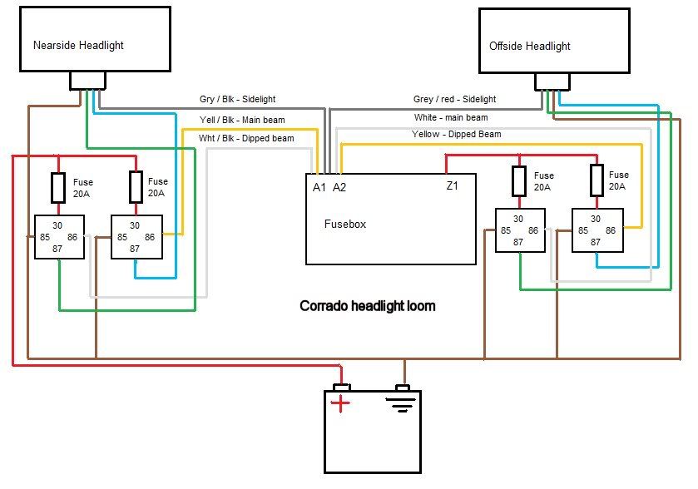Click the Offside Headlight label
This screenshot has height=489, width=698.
[530, 46]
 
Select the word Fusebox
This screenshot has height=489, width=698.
[344, 224]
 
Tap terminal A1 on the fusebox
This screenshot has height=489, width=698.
[319, 188]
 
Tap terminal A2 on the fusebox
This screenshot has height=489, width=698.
[339, 188]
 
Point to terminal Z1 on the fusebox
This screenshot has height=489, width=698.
[452, 186]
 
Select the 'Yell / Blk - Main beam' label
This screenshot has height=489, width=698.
[242, 119]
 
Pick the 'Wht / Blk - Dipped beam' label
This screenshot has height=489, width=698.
[246, 138]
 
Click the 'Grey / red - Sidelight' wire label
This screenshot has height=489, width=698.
[454, 99]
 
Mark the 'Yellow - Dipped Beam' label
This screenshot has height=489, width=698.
[457, 134]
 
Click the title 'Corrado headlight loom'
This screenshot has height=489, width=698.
[367, 306]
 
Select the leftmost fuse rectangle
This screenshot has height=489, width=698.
[58, 188]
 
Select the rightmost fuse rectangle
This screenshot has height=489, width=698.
[596, 179]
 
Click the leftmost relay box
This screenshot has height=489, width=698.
[58, 237]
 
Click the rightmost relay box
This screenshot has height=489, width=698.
[597, 230]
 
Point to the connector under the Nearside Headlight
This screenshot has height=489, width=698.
[87, 80]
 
